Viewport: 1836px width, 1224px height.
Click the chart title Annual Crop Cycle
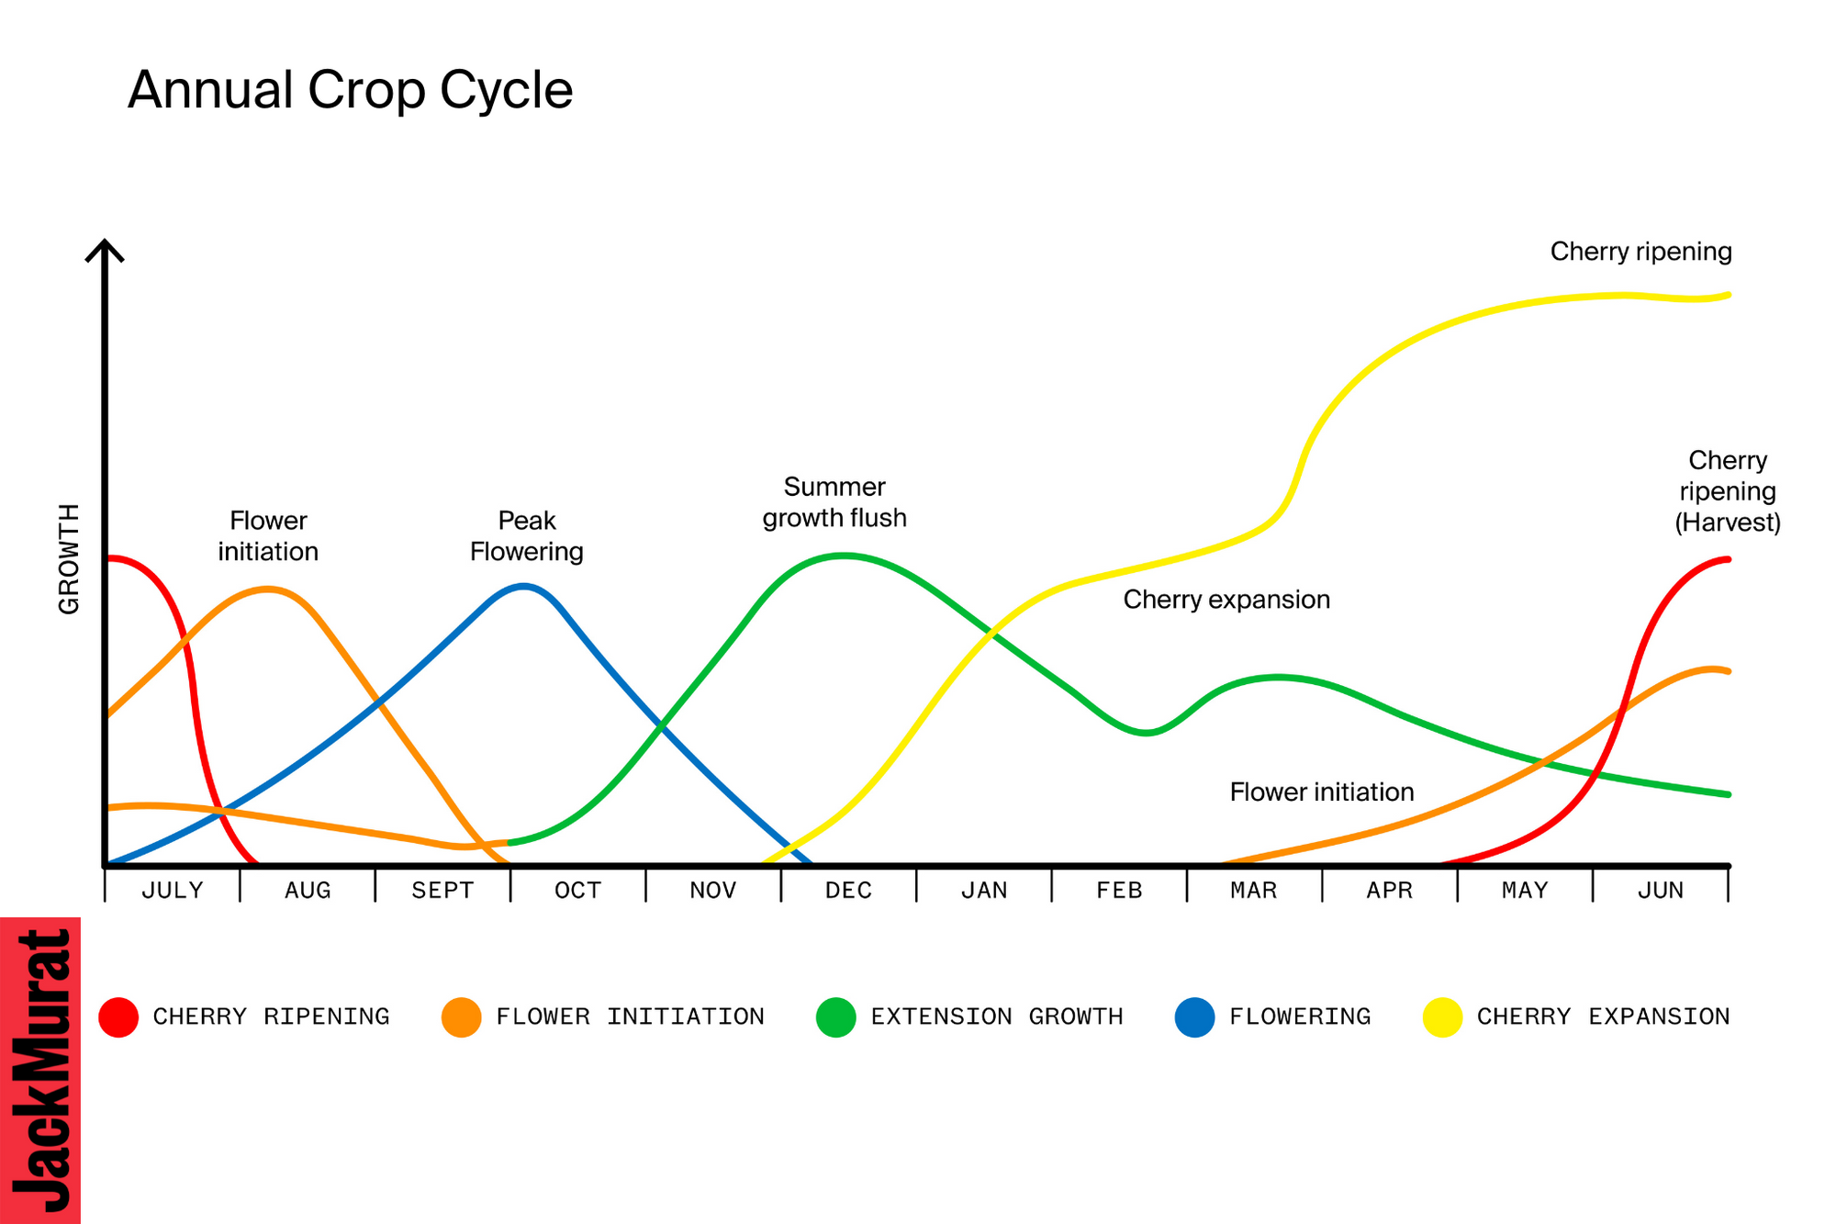[x=350, y=90]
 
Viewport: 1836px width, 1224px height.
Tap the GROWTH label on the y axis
[x=69, y=559]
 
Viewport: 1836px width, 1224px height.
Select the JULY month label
[x=172, y=890]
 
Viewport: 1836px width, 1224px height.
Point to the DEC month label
[x=848, y=890]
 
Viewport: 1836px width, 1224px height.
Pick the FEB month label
[x=1119, y=890]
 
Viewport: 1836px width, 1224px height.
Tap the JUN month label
[x=1660, y=890]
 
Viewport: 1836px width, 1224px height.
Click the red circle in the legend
[x=118, y=1017]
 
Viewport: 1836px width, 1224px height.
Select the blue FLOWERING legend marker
[x=1194, y=1017]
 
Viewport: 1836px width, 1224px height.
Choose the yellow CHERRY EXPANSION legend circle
[x=1442, y=1017]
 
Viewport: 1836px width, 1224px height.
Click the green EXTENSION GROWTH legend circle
[x=835, y=1017]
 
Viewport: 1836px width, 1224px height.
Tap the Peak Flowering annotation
[x=526, y=536]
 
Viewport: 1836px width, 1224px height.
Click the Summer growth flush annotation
[x=834, y=502]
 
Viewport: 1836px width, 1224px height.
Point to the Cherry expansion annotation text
[x=1226, y=600]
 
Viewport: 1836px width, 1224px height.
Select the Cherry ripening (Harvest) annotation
[x=1727, y=491]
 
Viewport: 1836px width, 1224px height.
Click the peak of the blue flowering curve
[x=523, y=586]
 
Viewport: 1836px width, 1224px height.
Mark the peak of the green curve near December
[x=844, y=555]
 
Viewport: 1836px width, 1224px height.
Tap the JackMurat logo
[x=40, y=1071]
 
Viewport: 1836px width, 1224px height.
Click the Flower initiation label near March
[x=1321, y=792]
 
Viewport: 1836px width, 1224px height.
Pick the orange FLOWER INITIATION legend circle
[x=461, y=1017]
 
